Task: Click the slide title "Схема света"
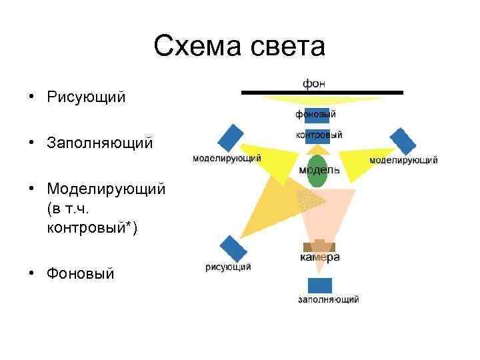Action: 239,47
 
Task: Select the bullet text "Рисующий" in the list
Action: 86,97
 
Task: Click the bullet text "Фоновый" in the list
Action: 81,273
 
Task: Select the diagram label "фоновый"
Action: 316,114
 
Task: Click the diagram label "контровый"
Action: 319,135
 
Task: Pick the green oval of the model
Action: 317,171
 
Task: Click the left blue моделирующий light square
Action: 229,138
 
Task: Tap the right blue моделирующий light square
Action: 403,141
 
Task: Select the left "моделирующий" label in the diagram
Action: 226,159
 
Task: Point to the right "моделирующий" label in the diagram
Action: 403,160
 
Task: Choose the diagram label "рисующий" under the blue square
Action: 228,267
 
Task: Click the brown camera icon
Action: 319,246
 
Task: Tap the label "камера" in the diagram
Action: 319,257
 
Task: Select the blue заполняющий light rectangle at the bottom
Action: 319,285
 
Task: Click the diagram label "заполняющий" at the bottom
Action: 328,299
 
